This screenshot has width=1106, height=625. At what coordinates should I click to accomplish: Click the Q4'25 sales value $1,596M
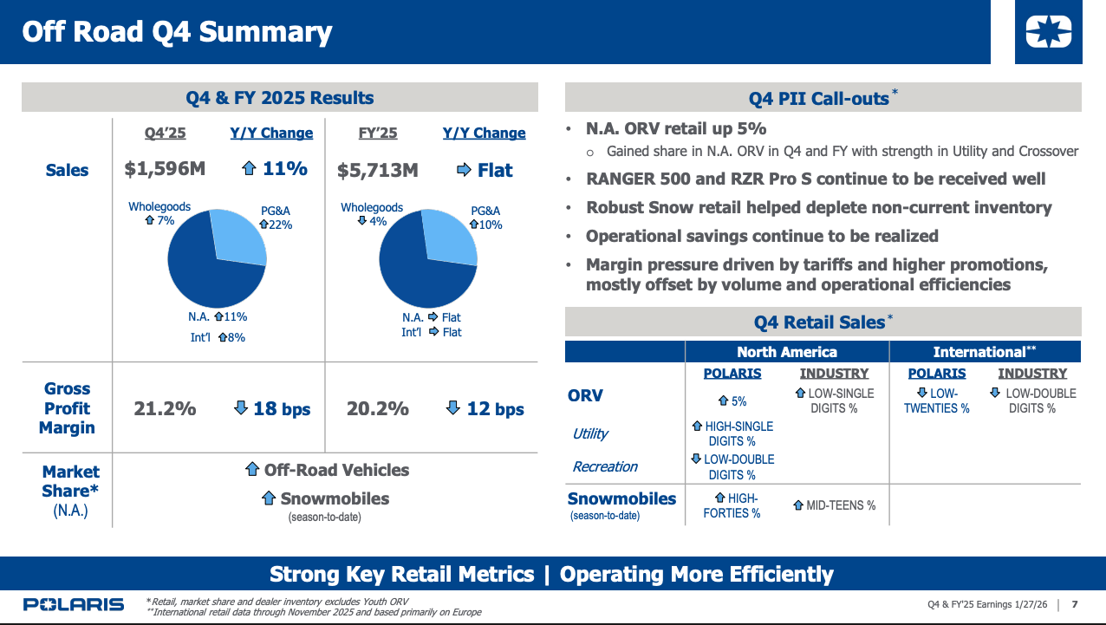point(165,169)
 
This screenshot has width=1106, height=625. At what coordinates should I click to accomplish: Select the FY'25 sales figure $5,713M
point(377,170)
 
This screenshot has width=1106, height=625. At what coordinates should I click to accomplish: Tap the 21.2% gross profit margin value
point(165,408)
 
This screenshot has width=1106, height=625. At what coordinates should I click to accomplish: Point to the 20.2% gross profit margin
point(377,408)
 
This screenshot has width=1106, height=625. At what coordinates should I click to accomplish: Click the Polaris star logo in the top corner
point(1048,32)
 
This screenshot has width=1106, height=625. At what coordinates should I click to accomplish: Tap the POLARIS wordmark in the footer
point(74,604)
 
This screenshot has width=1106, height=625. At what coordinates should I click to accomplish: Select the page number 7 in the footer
point(1075,604)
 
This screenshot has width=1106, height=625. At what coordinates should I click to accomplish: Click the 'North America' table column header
point(786,352)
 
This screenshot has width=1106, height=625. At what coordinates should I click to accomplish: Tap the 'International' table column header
point(984,352)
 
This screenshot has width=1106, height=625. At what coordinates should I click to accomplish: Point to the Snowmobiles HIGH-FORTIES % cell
point(732,505)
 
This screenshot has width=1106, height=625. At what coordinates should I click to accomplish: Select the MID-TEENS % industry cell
point(834,505)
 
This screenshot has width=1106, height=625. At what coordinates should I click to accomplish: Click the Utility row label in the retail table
point(590,433)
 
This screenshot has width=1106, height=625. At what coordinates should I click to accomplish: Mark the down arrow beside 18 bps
point(241,407)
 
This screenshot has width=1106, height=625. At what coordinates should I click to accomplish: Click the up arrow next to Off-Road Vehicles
point(252,470)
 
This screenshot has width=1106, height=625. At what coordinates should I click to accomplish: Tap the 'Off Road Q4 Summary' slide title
point(177,32)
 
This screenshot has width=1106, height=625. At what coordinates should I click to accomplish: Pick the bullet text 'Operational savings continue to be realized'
point(762,236)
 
